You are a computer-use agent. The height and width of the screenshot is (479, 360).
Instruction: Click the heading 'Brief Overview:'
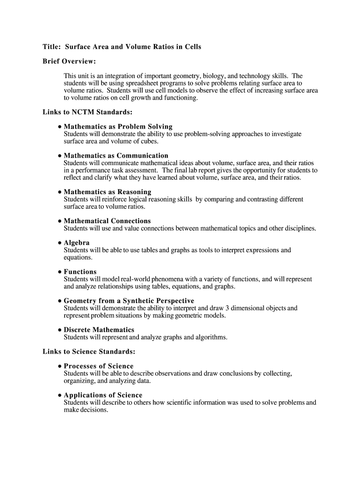pyautogui.click(x=69, y=61)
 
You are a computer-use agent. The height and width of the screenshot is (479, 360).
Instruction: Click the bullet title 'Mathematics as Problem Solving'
pyautogui.click(x=118, y=127)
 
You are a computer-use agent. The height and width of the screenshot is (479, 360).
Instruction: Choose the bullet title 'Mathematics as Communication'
pyautogui.click(x=116, y=156)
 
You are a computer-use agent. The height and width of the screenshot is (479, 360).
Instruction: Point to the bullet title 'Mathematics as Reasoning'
pyautogui.click(x=108, y=192)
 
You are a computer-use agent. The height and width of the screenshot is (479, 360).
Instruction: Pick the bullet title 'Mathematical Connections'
pyautogui.click(x=107, y=221)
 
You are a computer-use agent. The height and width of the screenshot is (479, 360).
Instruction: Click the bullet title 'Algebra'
pyautogui.click(x=77, y=243)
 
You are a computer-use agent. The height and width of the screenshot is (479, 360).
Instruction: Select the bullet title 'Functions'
pyautogui.click(x=80, y=272)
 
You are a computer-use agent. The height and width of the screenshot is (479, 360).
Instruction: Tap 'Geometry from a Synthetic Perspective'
pyautogui.click(x=129, y=301)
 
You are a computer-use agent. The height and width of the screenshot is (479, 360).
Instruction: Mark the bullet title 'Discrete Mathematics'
pyautogui.click(x=99, y=330)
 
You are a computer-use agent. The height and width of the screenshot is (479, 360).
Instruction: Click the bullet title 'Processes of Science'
pyautogui.click(x=99, y=366)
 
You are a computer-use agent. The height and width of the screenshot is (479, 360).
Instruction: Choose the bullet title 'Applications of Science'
pyautogui.click(x=103, y=395)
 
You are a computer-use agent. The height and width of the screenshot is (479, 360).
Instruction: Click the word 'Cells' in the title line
pyautogui.click(x=192, y=47)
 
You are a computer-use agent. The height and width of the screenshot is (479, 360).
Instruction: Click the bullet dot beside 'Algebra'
pyautogui.click(x=60, y=243)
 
